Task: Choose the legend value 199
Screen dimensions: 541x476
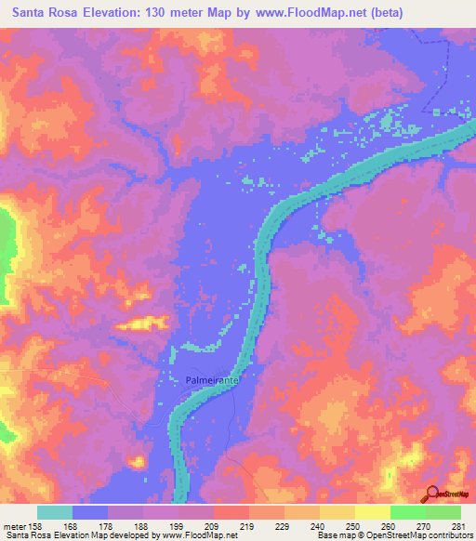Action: (x=171, y=525)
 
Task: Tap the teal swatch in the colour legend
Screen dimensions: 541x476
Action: (x=55, y=512)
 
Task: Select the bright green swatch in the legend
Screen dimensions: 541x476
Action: (x=407, y=512)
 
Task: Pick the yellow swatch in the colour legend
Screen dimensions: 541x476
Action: (x=372, y=512)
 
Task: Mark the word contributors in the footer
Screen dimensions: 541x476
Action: (x=449, y=535)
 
